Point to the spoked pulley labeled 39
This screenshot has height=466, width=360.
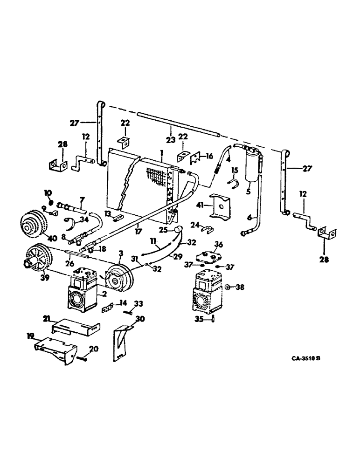(39, 259)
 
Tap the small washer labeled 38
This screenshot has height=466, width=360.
(226, 288)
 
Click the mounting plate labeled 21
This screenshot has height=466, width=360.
(75, 326)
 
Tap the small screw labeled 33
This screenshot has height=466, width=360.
(125, 312)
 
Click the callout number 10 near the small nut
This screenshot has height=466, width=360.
(48, 192)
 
